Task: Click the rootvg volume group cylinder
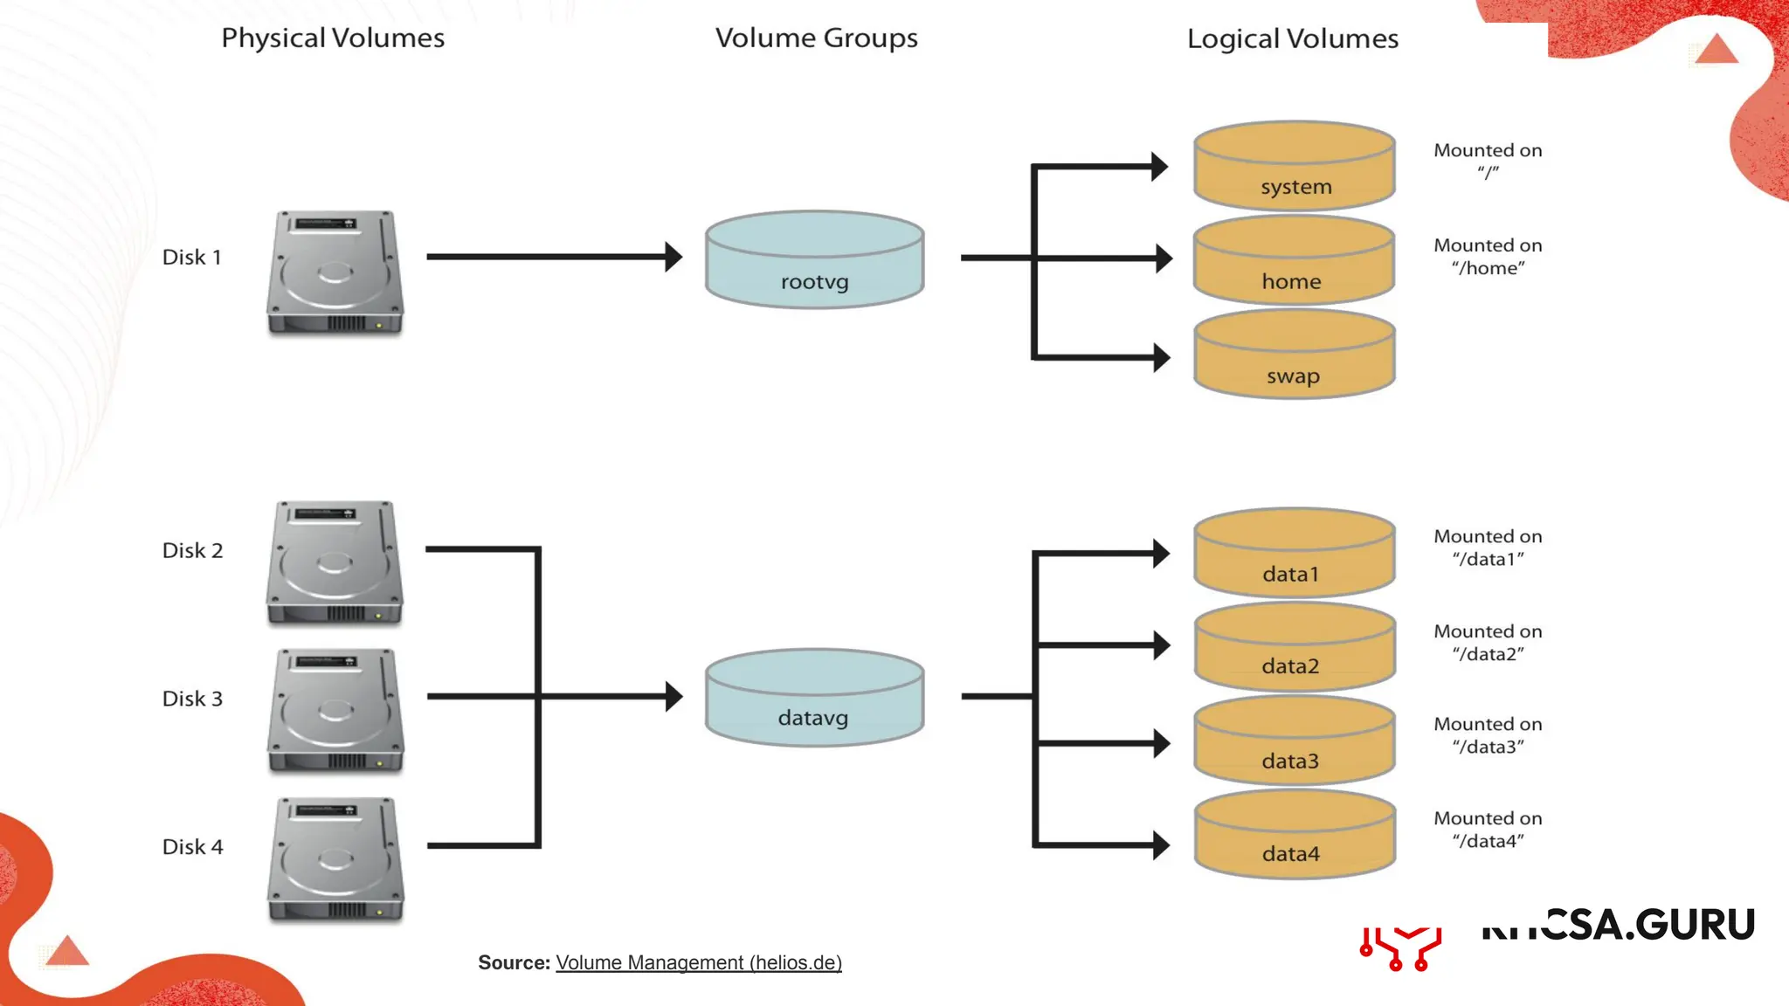click(x=814, y=259)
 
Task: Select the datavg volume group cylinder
click(x=814, y=698)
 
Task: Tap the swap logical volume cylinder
click(x=1294, y=355)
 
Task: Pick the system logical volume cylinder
click(x=1294, y=166)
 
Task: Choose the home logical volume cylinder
click(x=1294, y=260)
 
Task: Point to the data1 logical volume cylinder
click(x=1294, y=553)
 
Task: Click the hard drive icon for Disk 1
click(x=335, y=272)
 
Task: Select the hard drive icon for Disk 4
click(x=335, y=859)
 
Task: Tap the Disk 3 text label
click(x=192, y=699)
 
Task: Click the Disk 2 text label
click(x=192, y=550)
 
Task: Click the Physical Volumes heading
click(x=333, y=38)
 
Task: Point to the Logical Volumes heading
click(x=1292, y=39)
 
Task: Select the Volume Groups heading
click(x=816, y=38)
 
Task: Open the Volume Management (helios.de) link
click(x=698, y=962)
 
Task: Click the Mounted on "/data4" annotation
click(x=1488, y=830)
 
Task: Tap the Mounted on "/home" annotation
click(x=1488, y=257)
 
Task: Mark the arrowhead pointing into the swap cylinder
click(x=1161, y=357)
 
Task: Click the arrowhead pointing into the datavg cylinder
click(x=673, y=697)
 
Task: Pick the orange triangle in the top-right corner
click(x=1716, y=50)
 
